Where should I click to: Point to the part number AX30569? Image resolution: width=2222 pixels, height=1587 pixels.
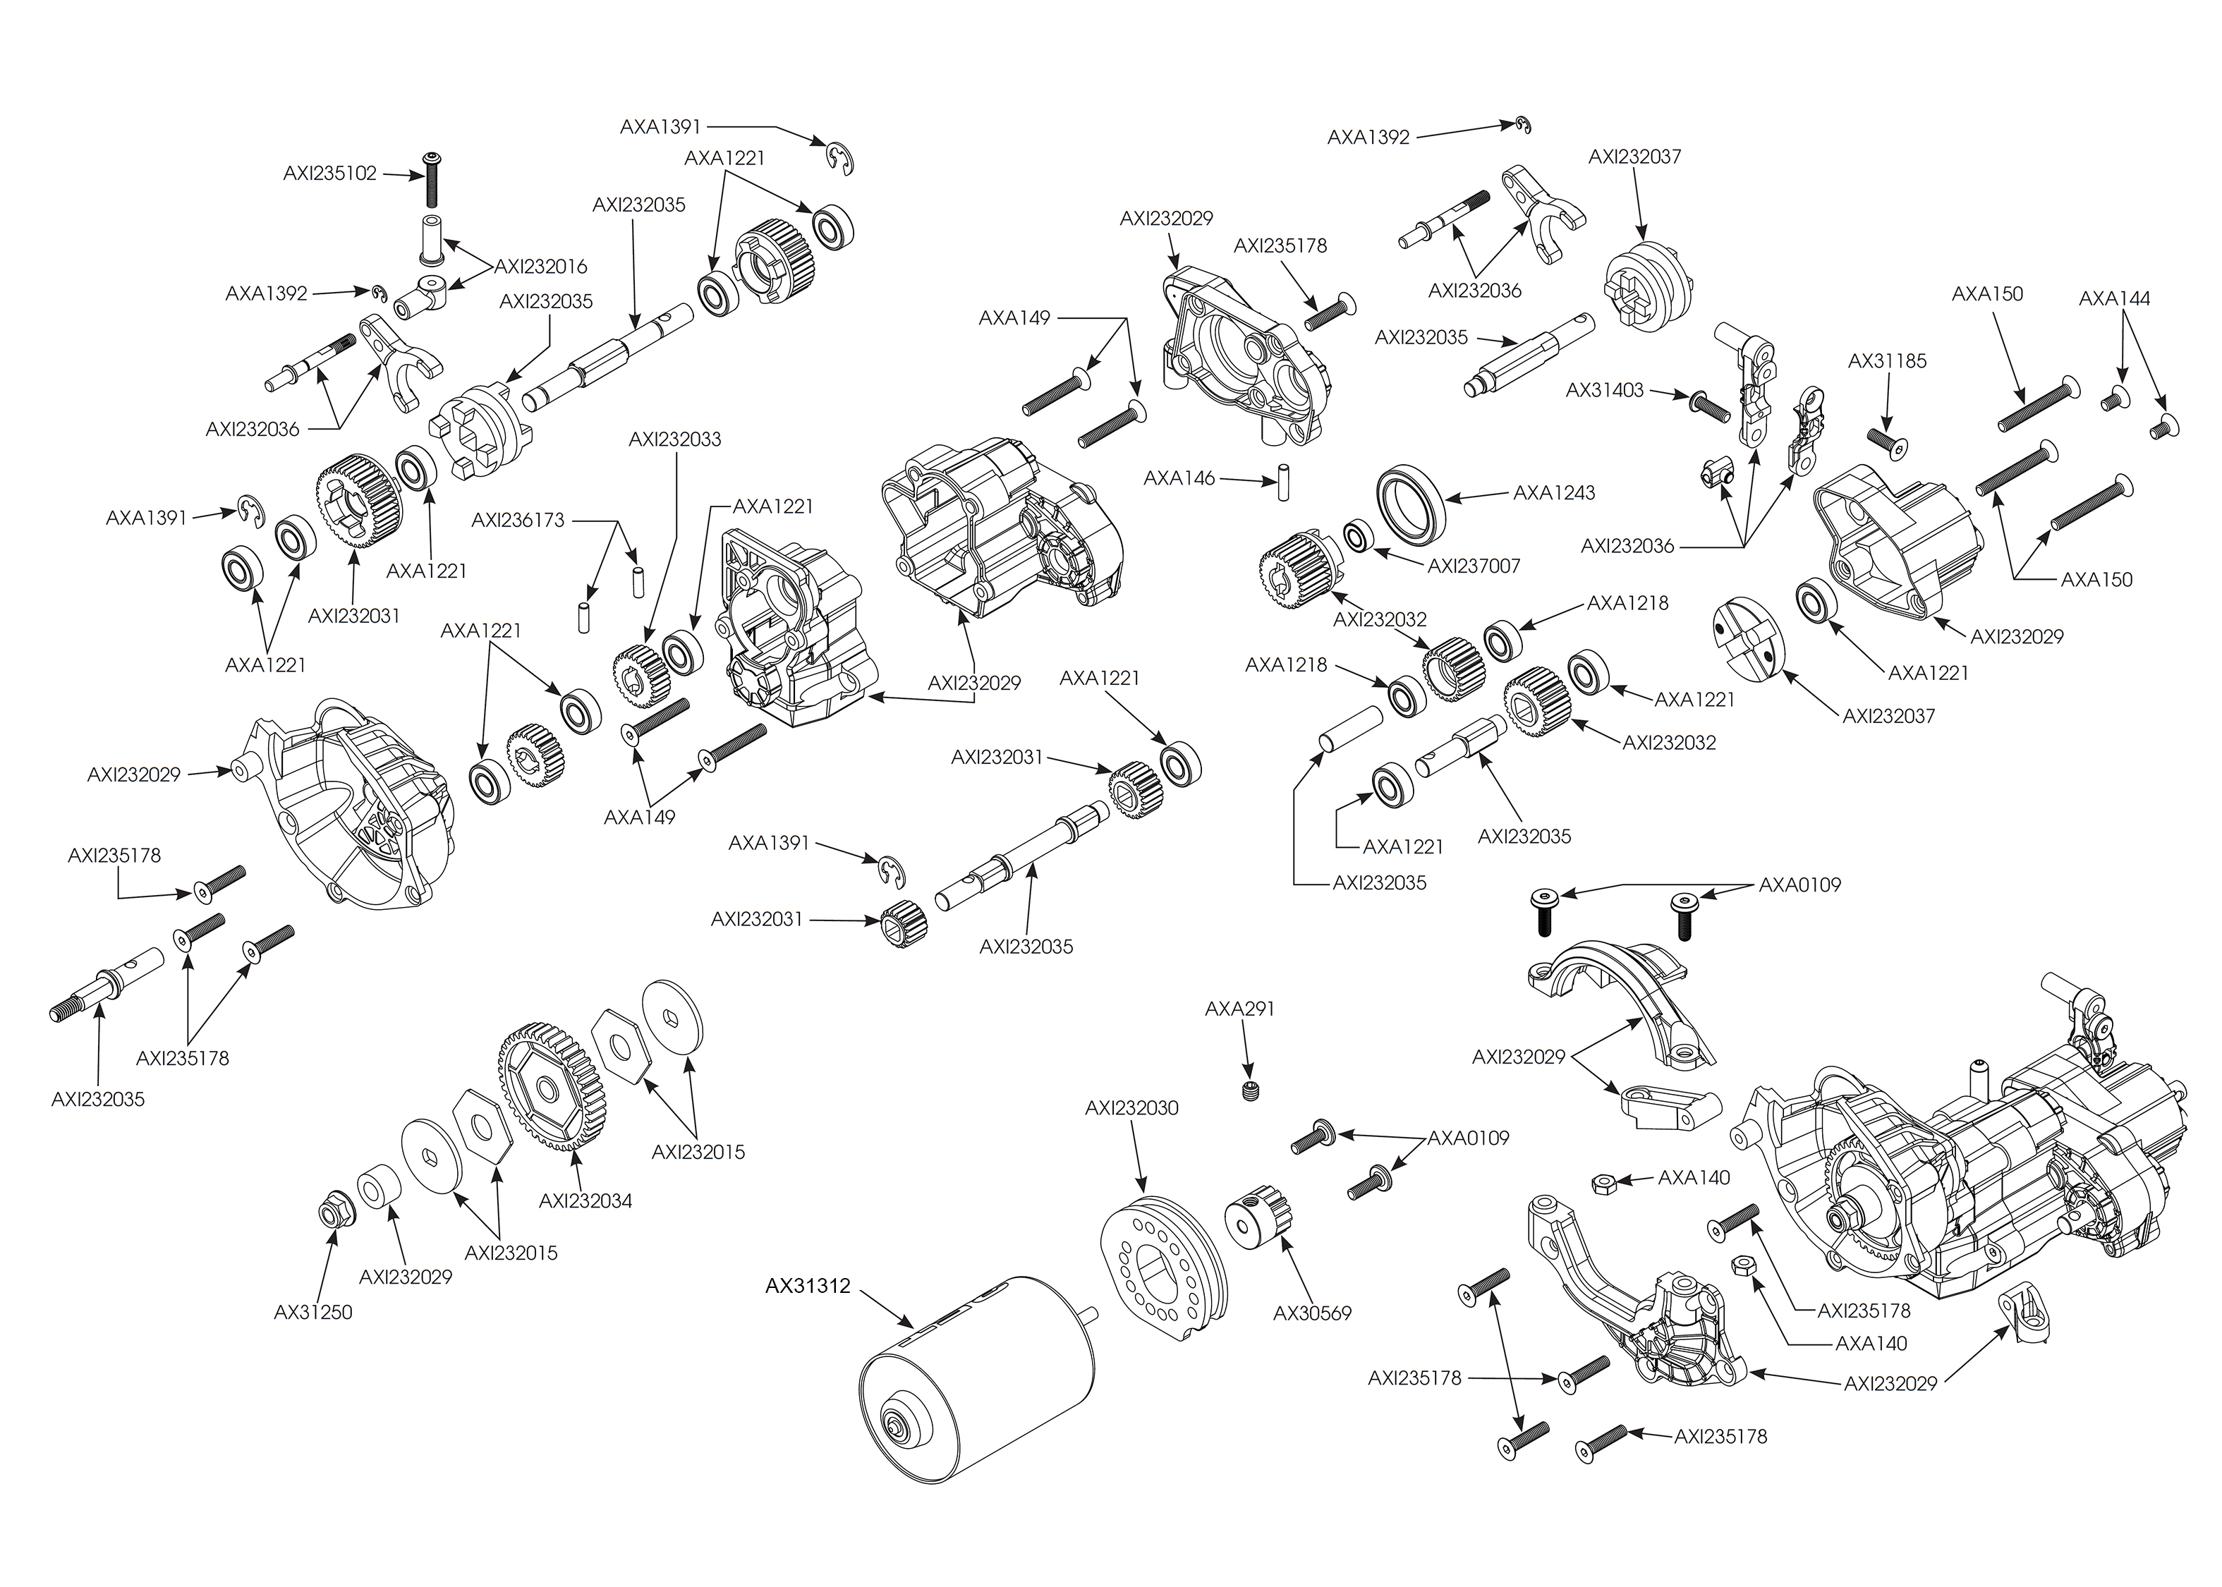point(1312,1313)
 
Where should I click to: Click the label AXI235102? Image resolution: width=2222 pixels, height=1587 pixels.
point(330,173)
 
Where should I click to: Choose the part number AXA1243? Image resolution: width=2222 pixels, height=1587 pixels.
point(1554,492)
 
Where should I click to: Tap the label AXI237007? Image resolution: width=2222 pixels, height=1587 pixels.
point(1474,565)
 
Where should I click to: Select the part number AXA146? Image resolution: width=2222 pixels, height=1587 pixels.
point(1179,478)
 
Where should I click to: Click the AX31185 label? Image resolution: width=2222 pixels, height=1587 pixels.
point(1887,360)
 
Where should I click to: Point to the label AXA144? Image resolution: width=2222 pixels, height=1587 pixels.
point(2115,298)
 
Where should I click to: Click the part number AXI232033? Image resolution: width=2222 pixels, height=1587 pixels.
point(675,439)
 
